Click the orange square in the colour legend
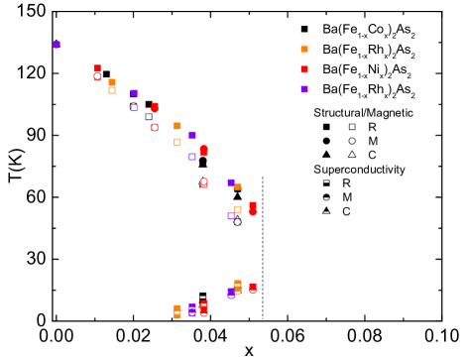click(304, 49)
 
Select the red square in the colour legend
click(304, 69)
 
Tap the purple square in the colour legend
click(304, 89)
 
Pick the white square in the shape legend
click(352, 127)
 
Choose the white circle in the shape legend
click(352, 141)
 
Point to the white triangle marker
click(352, 154)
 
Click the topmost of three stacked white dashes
click(326, 181)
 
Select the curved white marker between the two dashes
click(326, 198)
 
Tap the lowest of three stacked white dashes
click(326, 212)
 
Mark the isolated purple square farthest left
click(57, 45)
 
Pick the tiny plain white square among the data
click(149, 116)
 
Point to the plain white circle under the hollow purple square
click(237, 222)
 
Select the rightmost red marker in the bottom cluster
click(253, 288)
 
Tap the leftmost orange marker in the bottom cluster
click(177, 310)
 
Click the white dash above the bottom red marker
click(203, 298)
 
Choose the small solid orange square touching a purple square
click(238, 186)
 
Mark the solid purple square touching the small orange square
click(231, 182)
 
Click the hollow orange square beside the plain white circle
click(238, 209)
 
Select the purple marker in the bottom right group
click(231, 293)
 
